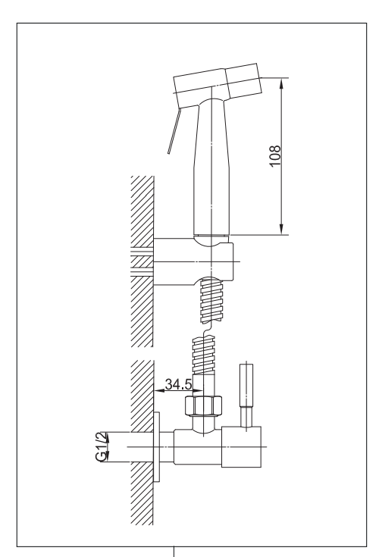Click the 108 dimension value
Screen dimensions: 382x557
point(275,155)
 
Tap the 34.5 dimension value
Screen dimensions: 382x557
point(178,384)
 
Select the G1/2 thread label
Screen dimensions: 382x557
point(102,446)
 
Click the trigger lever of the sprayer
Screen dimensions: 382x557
point(174,131)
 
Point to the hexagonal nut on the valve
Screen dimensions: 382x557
point(203,405)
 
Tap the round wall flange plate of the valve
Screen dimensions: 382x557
point(156,447)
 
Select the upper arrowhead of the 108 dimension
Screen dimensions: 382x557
point(281,84)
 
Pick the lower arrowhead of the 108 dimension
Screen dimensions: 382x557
point(281,229)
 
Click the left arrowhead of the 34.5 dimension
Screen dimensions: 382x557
point(159,390)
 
